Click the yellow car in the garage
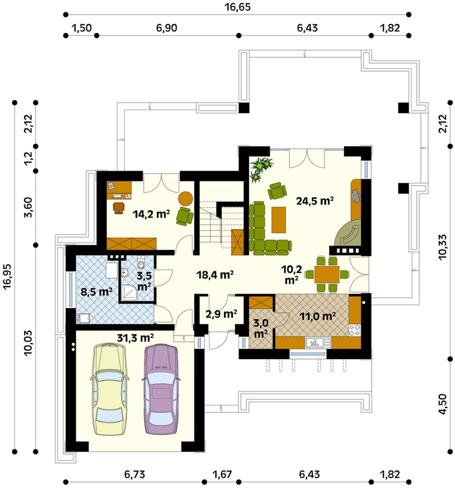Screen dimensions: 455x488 tap(109, 389)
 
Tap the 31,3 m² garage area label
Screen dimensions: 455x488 tap(135, 338)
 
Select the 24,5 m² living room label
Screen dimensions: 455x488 tap(315, 201)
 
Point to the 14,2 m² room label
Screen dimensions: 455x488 tap(151, 214)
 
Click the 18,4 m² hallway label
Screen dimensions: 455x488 tap(215, 274)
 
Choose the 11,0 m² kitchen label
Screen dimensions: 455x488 tap(318, 316)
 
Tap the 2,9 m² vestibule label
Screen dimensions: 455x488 tap(221, 314)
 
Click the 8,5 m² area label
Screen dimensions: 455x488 tap(96, 292)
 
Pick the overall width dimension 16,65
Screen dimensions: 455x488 tap(238, 7)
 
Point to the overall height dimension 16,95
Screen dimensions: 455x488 tap(7, 277)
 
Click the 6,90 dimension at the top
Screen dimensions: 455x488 tap(166, 28)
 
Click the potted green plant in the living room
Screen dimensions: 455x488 tap(261, 169)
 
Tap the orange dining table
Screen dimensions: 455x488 tap(327, 274)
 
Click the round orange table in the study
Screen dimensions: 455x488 tap(185, 198)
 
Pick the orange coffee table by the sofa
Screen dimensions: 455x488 tap(278, 220)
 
